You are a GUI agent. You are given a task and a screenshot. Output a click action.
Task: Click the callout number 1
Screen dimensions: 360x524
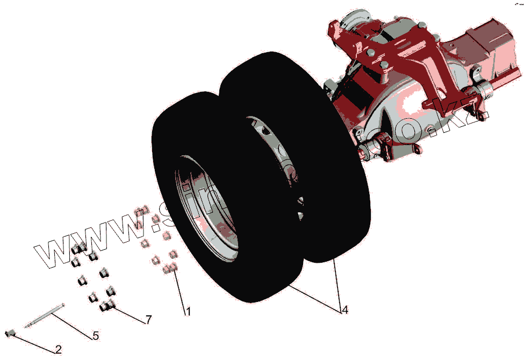coord(188,311)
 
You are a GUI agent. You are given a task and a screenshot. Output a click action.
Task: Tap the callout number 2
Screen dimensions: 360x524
coord(59,350)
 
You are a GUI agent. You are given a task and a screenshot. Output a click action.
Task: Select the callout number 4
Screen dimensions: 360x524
coord(344,310)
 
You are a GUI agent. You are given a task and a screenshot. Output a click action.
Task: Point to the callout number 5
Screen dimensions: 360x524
coord(95,336)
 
